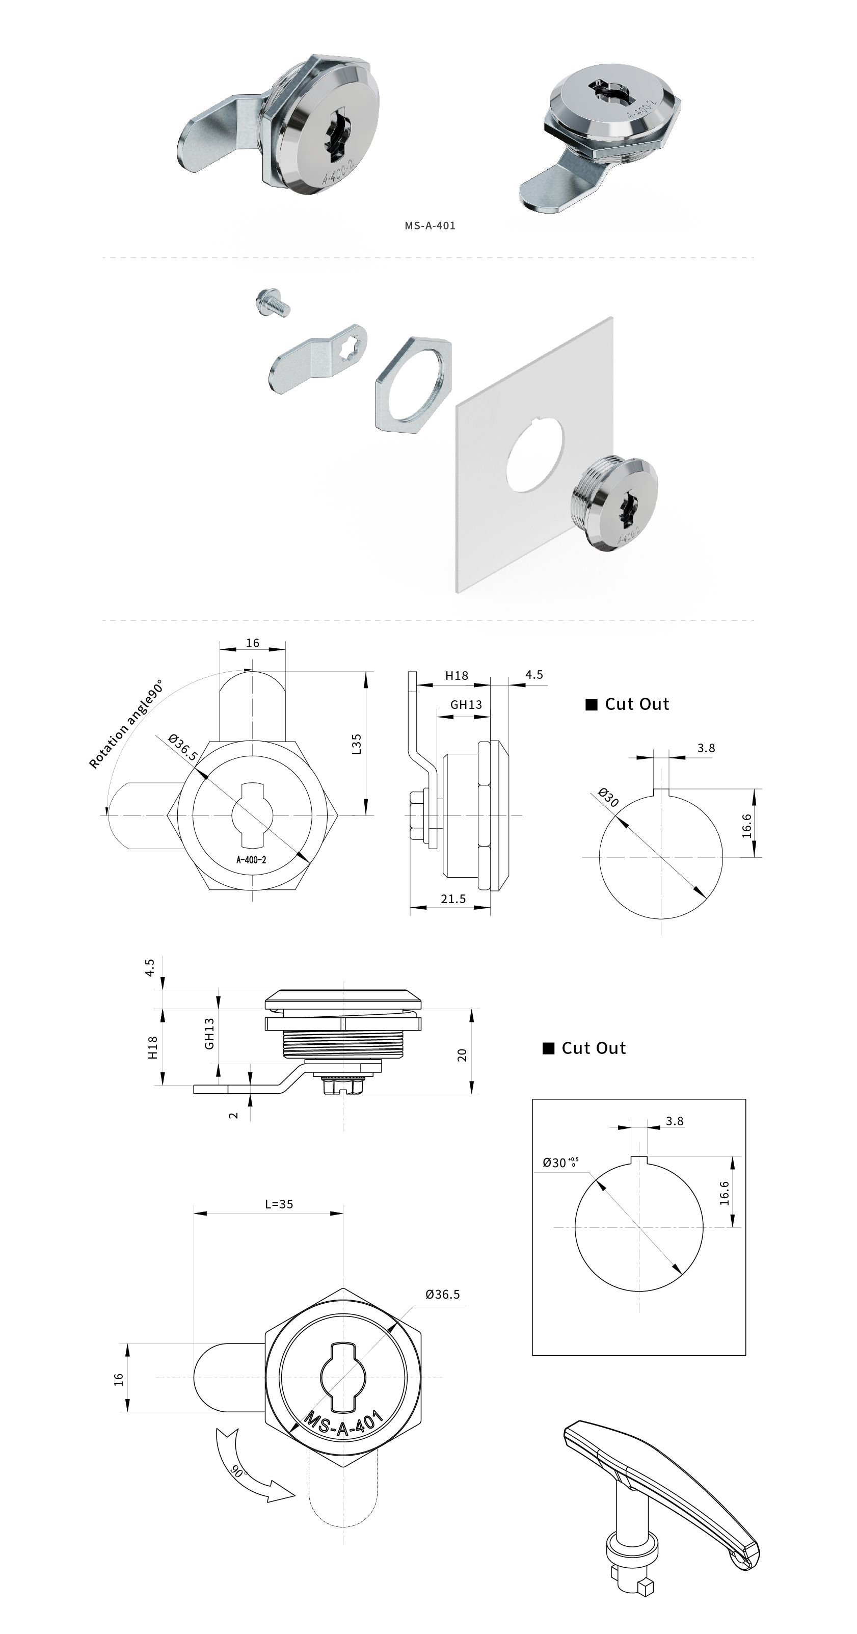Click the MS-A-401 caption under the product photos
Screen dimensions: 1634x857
click(430, 225)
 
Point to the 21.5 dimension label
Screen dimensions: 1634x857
click(453, 899)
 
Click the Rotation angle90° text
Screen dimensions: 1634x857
click(126, 724)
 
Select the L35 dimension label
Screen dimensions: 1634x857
click(357, 744)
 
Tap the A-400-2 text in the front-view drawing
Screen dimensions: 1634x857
click(251, 860)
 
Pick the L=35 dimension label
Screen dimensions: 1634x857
click(279, 1204)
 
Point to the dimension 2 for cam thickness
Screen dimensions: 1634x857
click(233, 1115)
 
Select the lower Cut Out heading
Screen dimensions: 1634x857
click(593, 1048)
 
